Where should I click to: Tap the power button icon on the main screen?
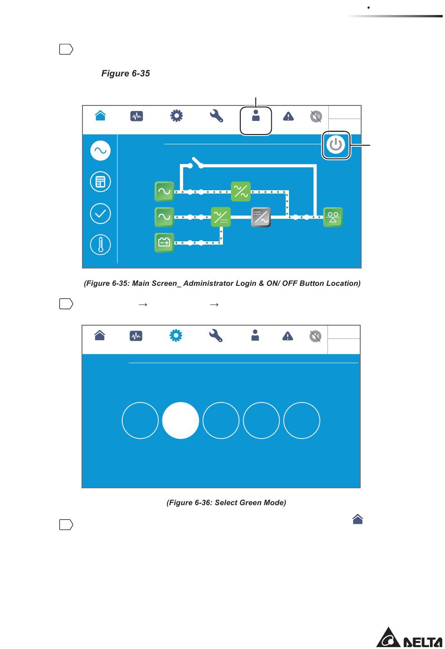[x=336, y=145]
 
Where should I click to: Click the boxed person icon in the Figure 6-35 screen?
[x=256, y=115]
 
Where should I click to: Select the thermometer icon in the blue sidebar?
[x=100, y=245]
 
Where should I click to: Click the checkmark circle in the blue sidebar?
[x=100, y=214]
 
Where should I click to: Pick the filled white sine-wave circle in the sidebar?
[x=100, y=151]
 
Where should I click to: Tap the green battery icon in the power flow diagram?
[x=164, y=242]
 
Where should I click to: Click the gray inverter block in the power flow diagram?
[x=261, y=216]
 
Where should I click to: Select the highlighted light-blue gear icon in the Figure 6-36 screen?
[x=176, y=336]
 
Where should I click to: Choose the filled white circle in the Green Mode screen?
[x=180, y=420]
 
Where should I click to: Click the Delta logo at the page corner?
[x=409, y=637]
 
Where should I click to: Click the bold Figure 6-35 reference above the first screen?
[x=126, y=73]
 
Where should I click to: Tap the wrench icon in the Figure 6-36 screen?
[x=216, y=336]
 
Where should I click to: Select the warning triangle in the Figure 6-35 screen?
[x=288, y=117]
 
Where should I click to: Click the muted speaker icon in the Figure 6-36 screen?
[x=315, y=336]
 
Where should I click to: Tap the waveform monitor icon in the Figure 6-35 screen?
[x=136, y=116]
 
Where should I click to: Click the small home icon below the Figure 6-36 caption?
[x=358, y=519]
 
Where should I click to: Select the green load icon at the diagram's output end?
[x=333, y=217]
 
